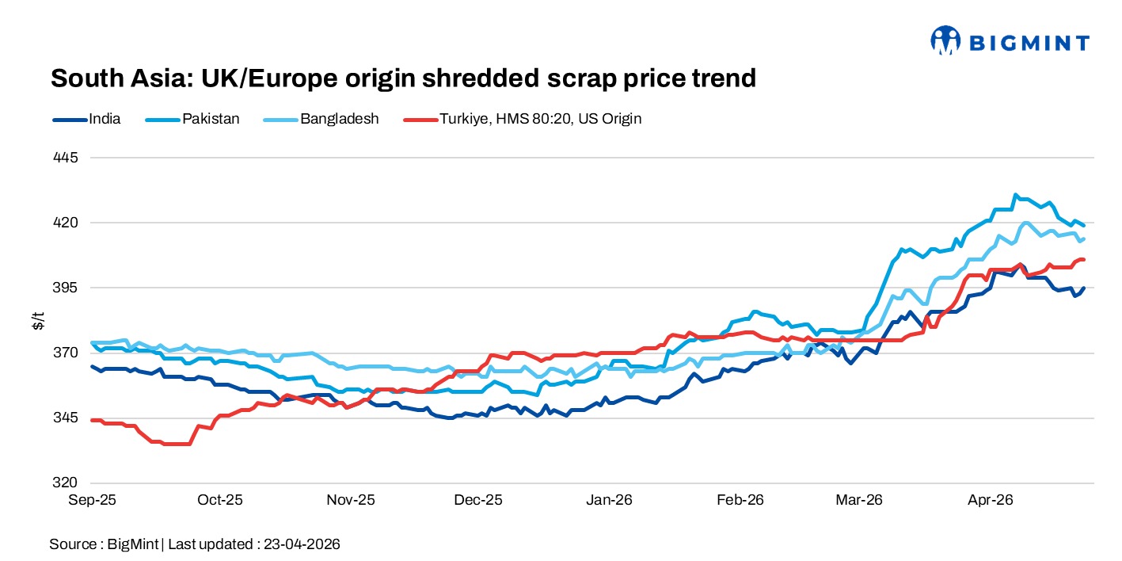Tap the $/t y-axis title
pyautogui.click(x=37, y=321)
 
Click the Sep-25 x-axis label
pyautogui.click(x=93, y=500)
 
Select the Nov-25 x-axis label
pyautogui.click(x=351, y=500)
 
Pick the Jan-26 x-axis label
pyautogui.click(x=610, y=500)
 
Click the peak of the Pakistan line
pyautogui.click(x=1015, y=194)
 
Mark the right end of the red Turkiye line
pyautogui.click(x=1083, y=259)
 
